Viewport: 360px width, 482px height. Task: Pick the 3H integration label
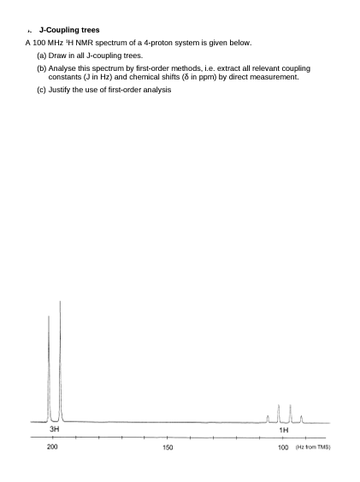(x=54, y=428)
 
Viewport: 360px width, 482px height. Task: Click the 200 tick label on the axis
(x=52, y=447)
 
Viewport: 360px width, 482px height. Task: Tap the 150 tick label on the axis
(x=168, y=447)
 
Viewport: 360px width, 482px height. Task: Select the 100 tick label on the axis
(x=282, y=447)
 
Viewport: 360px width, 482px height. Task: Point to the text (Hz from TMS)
(x=313, y=447)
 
